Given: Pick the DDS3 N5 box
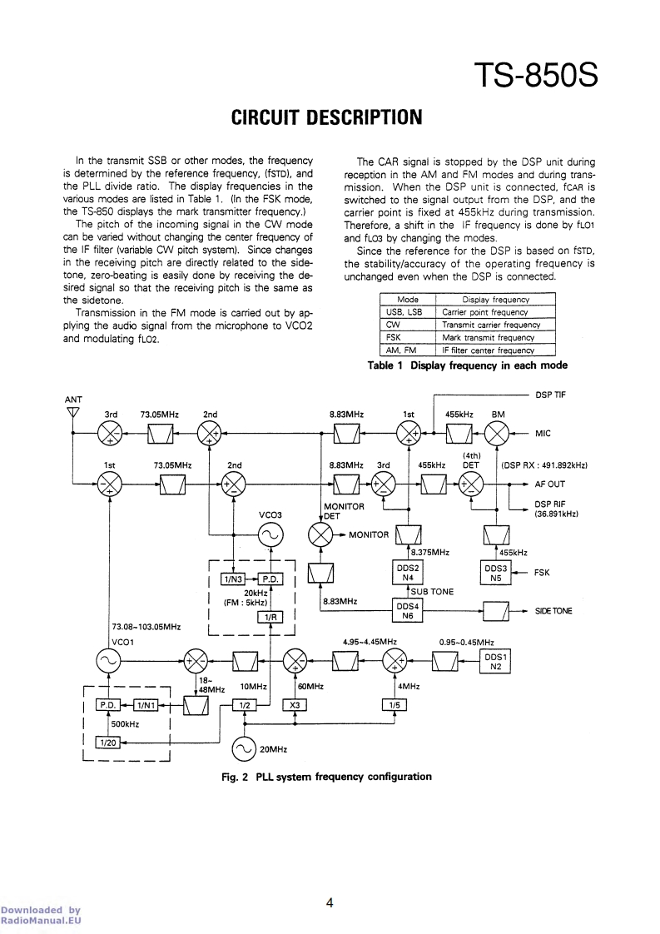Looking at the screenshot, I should point(495,572).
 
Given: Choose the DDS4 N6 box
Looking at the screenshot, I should point(408,612).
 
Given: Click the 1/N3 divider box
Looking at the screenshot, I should point(231,579).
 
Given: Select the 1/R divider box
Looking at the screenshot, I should point(270,617).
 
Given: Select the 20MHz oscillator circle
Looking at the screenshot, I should point(246,748).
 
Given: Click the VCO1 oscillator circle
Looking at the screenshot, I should point(110,661).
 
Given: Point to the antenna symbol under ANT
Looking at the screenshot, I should point(72,414).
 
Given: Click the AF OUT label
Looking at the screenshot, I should point(549,484).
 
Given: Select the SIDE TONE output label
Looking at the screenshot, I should point(553,611).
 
